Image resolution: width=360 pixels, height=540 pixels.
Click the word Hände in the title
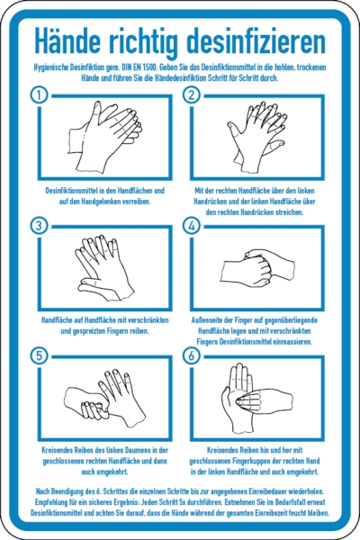67,40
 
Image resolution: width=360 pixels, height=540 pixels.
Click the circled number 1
40,95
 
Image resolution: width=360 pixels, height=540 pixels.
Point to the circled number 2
192,95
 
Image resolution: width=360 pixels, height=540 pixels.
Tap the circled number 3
40,226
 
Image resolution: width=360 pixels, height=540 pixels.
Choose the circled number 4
192,226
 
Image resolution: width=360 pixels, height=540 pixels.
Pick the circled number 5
40,355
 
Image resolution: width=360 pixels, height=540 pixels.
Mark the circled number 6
192,355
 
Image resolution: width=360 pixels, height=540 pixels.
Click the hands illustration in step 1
105,137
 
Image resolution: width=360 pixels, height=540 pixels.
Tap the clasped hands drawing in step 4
257,268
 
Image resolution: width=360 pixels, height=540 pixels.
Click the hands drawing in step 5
104,399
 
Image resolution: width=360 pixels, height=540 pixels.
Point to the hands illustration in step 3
104,268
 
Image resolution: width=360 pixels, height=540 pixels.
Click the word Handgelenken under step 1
100,202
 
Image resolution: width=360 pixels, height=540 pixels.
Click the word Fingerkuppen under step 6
242,461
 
